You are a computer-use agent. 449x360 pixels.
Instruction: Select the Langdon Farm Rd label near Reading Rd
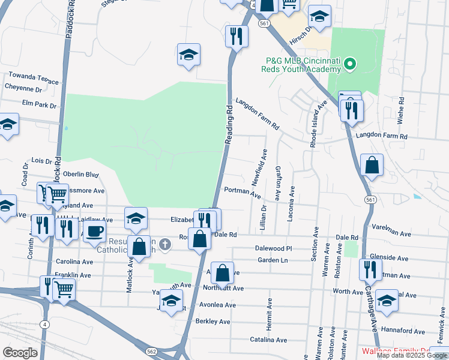258,114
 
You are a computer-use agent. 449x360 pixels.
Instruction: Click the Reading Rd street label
229,124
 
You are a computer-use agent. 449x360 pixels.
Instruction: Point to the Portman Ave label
242,193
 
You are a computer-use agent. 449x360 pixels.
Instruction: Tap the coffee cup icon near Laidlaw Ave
94,232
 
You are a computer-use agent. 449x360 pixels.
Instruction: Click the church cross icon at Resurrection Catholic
165,244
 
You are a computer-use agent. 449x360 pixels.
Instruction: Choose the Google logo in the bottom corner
20,353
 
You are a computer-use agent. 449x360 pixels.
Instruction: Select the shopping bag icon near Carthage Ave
372,166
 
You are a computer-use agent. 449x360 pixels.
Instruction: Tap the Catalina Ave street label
268,340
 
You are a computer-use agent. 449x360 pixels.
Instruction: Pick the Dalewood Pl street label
273,248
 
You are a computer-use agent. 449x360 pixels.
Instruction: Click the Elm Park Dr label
38,105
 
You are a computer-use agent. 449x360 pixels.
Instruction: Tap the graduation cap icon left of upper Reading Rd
188,55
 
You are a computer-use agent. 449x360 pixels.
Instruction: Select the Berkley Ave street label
213,322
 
